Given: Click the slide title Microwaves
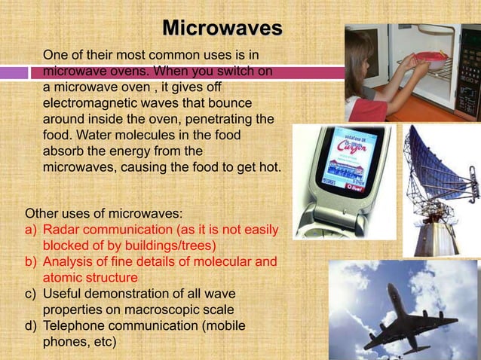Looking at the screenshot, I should (222, 29).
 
